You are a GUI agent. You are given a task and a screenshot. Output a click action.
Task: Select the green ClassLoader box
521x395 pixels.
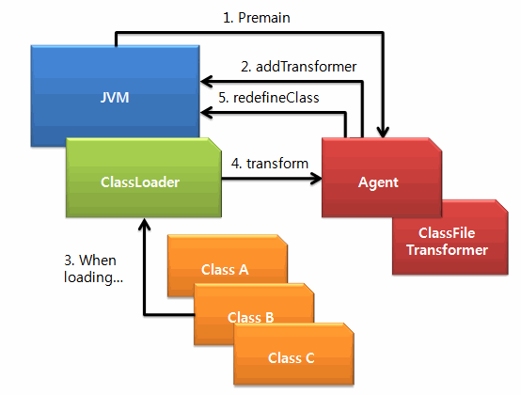click(x=144, y=178)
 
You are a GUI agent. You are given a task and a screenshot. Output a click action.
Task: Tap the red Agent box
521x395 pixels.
click(x=382, y=178)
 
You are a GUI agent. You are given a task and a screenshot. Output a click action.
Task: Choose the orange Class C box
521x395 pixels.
click(x=293, y=355)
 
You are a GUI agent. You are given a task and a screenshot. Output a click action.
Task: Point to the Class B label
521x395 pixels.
click(x=250, y=318)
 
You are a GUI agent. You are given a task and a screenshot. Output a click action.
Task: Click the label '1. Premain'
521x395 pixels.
click(x=256, y=18)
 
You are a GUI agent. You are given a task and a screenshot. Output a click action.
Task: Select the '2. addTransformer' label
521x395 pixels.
click(x=298, y=67)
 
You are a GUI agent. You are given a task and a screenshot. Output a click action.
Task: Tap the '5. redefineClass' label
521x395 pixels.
click(x=268, y=98)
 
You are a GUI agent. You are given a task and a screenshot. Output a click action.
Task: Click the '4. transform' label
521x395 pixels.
click(x=270, y=164)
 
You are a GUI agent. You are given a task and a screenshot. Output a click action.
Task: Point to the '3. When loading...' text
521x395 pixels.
click(x=93, y=269)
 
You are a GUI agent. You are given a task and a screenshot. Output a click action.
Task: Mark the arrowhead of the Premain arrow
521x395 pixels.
click(x=383, y=134)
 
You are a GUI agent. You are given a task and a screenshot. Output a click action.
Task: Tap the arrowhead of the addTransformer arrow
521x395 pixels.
click(x=205, y=82)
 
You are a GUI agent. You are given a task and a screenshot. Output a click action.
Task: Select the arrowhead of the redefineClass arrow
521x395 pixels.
click(x=205, y=113)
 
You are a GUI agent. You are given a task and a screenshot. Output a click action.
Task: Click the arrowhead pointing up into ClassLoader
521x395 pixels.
click(x=144, y=223)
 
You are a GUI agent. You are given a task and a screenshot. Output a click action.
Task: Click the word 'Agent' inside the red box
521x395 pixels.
click(x=378, y=182)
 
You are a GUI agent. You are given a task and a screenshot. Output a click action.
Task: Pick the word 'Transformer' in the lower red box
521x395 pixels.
click(x=448, y=250)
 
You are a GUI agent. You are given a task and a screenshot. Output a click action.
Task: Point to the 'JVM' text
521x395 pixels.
click(x=115, y=98)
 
